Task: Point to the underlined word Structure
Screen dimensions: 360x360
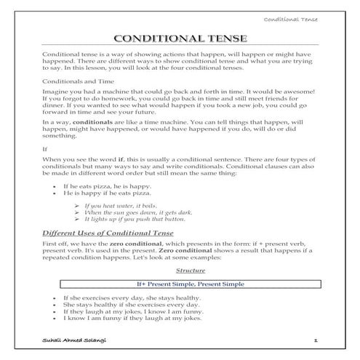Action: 179,269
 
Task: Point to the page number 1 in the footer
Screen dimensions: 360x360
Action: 316,340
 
